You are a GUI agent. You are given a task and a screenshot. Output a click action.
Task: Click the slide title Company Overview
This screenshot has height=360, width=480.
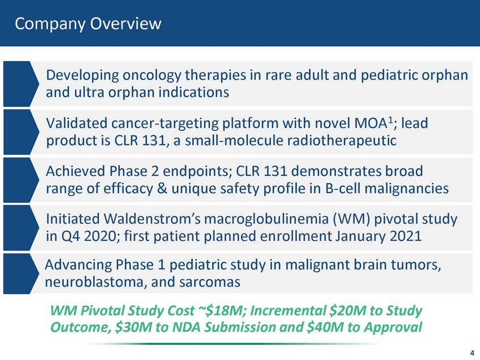[x=88, y=24]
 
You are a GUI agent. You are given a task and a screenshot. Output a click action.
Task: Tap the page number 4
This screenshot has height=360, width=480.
[x=472, y=353]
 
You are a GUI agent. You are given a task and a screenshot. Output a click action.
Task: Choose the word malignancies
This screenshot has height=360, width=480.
[x=407, y=188]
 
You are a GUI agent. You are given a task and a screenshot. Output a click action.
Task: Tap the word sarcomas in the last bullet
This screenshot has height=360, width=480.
[x=210, y=282]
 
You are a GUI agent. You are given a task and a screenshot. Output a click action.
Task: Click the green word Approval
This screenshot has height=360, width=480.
[x=393, y=327]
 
